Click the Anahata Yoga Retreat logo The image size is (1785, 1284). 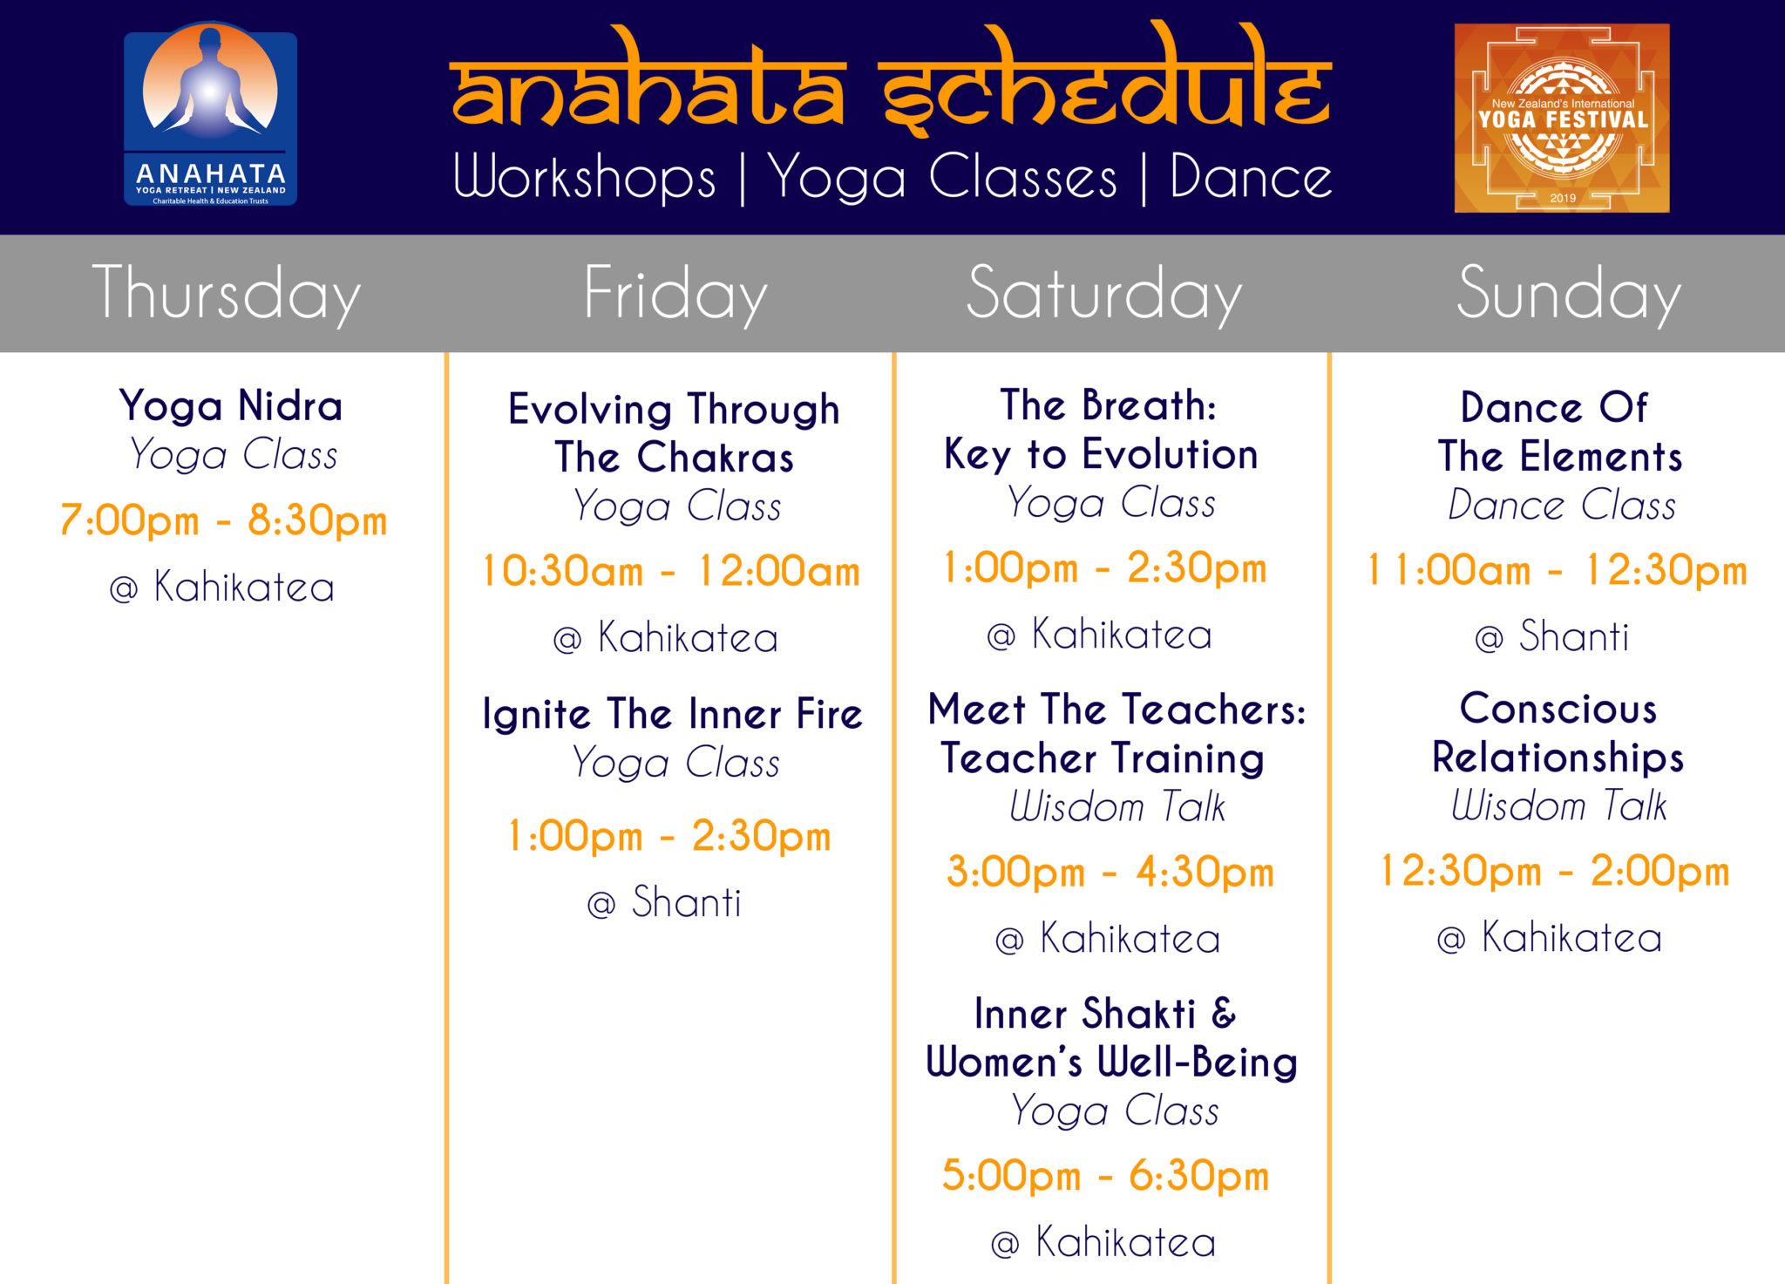210,114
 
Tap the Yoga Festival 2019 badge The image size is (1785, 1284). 1562,118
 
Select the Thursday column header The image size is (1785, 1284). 226,294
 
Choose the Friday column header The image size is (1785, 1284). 675,294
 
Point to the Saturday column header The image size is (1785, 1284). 1104,294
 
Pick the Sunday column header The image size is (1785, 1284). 1569,294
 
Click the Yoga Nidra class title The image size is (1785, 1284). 231,406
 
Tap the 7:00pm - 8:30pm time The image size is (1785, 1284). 223,520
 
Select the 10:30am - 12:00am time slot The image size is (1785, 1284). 671,571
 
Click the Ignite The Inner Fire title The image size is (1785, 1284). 673,714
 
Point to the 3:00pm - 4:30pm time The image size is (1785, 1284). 1110,872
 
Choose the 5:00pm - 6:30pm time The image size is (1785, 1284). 1105,1175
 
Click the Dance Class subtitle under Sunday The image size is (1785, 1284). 1562,505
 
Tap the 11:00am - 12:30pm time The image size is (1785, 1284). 1558,571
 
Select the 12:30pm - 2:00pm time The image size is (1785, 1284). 1555,871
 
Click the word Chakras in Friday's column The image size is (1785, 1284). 716,458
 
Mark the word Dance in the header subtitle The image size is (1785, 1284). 1251,178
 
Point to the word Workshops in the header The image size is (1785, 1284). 585,178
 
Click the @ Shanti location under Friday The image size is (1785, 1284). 664,902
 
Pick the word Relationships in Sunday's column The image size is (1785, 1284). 1558,758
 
